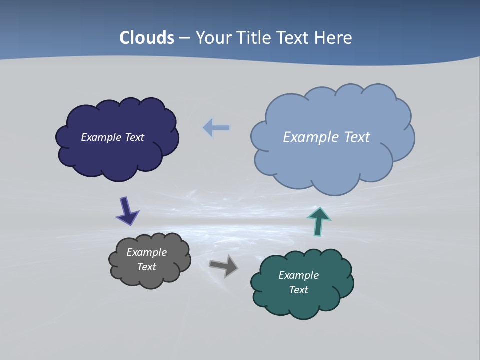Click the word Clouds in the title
(147, 38)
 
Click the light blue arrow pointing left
(216, 128)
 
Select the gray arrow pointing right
(224, 266)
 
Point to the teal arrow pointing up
(318, 221)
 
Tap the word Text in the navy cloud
(134, 137)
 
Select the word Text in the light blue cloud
(357, 137)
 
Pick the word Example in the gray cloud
(146, 252)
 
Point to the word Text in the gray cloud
(146, 267)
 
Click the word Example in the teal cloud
(298, 275)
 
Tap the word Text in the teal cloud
(298, 290)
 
